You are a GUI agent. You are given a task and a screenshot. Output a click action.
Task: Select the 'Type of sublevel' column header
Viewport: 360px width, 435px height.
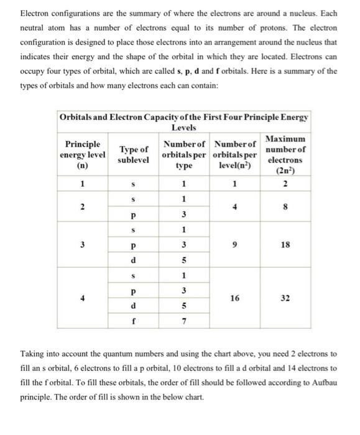pyautogui.click(x=134, y=154)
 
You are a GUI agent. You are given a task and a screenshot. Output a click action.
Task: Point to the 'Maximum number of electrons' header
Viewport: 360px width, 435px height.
pyautogui.click(x=285, y=153)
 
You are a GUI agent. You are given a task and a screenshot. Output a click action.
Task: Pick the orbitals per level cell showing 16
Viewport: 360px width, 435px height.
pyautogui.click(x=234, y=298)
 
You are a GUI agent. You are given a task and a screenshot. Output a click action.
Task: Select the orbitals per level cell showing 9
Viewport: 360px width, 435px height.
pyautogui.click(x=234, y=245)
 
